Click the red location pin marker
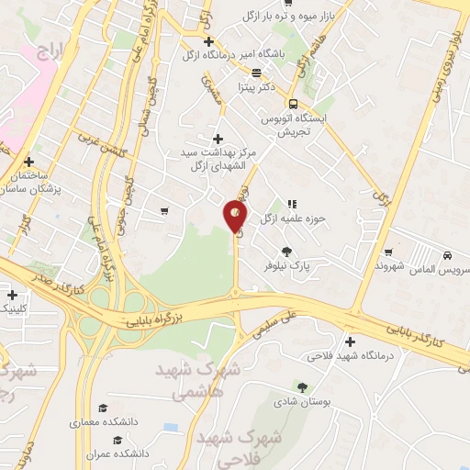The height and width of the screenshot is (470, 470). coord(235,217)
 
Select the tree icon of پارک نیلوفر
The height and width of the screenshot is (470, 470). coord(287,250)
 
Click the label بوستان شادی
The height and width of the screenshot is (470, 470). coord(299,400)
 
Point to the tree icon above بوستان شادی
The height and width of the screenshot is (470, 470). coord(304,386)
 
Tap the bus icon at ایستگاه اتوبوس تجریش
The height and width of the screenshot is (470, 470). coord(293,104)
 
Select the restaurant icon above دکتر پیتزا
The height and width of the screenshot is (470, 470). coord(255,73)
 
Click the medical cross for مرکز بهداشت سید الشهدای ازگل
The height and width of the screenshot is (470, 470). coord(217,139)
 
